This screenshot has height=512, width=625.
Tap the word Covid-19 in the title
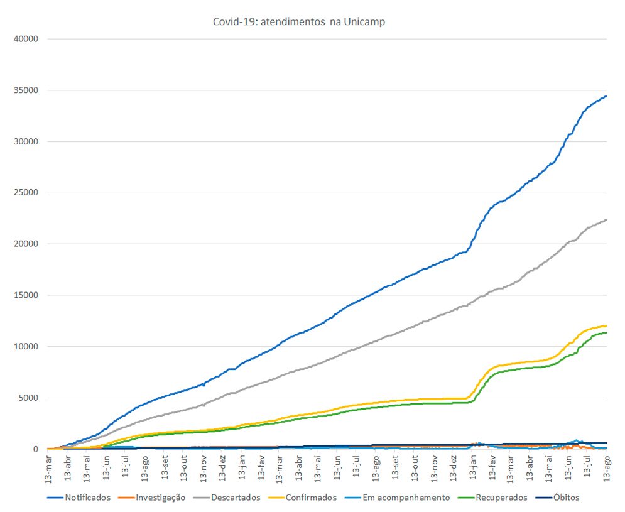tap(234, 22)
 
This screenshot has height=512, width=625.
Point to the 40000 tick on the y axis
tap(26, 39)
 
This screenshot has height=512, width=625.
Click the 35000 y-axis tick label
tap(26, 90)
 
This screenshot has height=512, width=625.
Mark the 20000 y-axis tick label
tap(26, 244)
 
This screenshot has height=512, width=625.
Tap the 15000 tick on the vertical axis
tap(26, 295)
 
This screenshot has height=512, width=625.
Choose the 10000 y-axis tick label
tap(26, 346)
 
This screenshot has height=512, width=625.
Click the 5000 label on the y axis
tap(29, 398)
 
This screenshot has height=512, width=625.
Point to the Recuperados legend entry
tap(501, 498)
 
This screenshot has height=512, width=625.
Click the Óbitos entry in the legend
tap(565, 498)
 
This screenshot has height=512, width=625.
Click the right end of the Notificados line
tap(606, 96)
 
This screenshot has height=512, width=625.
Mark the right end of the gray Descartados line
tap(606, 220)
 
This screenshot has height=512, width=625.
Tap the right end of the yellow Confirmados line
tap(606, 325)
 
